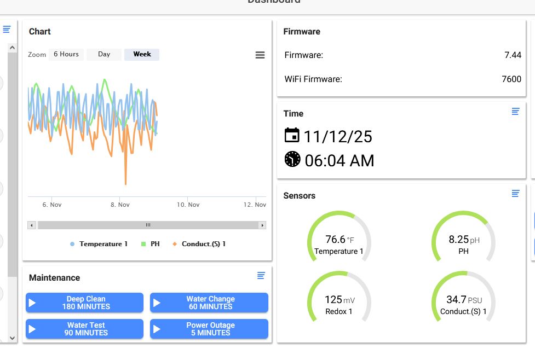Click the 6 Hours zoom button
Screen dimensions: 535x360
(66, 54)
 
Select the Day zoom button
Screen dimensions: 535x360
(104, 54)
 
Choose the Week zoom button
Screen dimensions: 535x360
(142, 54)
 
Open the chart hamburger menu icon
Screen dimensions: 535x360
(260, 55)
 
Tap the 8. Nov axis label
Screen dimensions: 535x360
(120, 205)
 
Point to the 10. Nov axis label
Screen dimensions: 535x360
(188, 205)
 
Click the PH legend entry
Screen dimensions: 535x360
(151, 244)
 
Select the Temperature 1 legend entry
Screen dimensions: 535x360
(99, 244)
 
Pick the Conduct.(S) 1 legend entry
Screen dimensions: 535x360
(199, 244)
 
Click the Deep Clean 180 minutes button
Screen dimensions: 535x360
(85, 303)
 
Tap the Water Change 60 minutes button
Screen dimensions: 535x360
(209, 303)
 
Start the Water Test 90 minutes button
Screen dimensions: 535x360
(85, 329)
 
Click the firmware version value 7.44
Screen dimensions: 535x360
(513, 55)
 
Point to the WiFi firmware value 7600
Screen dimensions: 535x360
(511, 79)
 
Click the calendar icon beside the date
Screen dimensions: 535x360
(292, 135)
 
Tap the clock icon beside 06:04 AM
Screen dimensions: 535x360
(292, 159)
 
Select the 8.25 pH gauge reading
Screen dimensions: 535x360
(464, 240)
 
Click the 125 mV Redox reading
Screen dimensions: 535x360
(340, 300)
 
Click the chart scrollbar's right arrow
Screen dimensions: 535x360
(262, 225)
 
